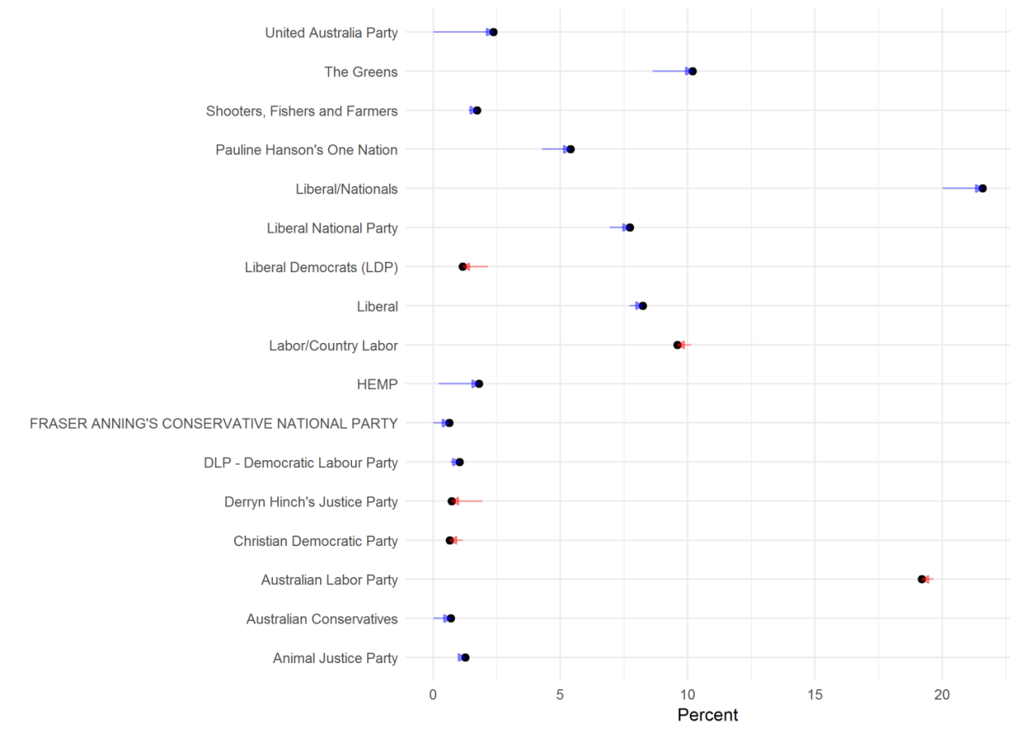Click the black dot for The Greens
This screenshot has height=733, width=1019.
[692, 72]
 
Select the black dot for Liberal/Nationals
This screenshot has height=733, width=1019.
[982, 189]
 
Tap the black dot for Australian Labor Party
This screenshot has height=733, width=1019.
[921, 579]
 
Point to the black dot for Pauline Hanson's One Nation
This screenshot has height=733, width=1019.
[570, 150]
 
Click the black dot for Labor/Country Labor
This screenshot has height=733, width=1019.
[677, 345]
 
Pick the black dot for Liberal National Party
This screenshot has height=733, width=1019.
[630, 228]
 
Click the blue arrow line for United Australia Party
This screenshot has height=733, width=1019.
[460, 33]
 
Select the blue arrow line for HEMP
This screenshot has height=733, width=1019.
[457, 384]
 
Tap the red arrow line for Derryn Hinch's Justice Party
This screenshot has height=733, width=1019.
[470, 501]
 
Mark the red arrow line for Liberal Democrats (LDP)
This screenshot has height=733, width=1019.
[477, 267]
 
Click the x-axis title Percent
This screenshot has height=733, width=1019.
[708, 715]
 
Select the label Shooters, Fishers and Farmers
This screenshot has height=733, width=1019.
[301, 111]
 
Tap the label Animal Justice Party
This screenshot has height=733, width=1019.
[335, 658]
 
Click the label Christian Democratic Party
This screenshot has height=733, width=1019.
[315, 540]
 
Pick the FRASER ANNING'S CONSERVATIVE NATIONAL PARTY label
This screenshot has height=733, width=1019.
[214, 423]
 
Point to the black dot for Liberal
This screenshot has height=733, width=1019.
[643, 306]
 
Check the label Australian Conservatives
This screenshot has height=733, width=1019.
[322, 619]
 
